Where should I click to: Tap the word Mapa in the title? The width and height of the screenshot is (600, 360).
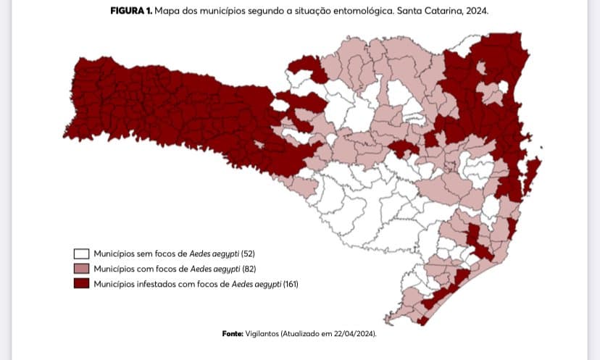(167, 12)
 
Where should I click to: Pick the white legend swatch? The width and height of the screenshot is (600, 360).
(81, 254)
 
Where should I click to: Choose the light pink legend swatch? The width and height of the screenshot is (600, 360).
(81, 269)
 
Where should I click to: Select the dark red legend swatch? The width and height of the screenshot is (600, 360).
(81, 283)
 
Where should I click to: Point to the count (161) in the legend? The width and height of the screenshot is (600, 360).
(290, 283)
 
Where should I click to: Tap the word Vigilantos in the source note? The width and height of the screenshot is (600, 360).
(265, 334)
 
